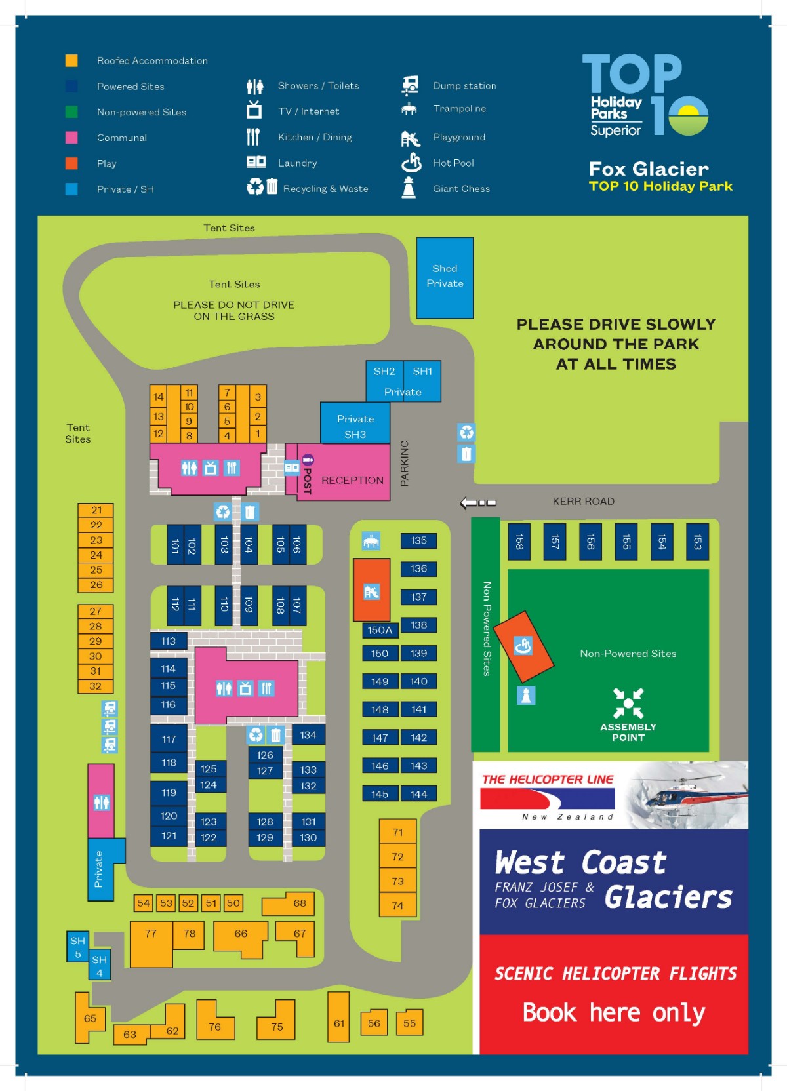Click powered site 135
(x=418, y=541)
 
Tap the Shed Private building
(x=445, y=277)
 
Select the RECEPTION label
(x=352, y=481)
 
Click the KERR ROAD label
(x=583, y=502)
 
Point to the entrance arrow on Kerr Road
(x=477, y=503)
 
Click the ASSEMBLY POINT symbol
(x=628, y=704)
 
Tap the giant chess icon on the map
(x=526, y=695)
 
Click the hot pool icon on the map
(x=523, y=646)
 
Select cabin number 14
(x=158, y=397)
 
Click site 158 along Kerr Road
(x=519, y=542)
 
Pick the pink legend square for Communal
(x=71, y=138)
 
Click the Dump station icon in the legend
(x=410, y=85)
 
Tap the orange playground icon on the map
(x=371, y=591)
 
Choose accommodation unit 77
(x=151, y=934)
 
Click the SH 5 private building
(x=77, y=947)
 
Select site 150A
(x=380, y=631)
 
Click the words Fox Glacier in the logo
(x=649, y=169)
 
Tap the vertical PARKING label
(x=405, y=463)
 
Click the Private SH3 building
(x=355, y=426)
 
